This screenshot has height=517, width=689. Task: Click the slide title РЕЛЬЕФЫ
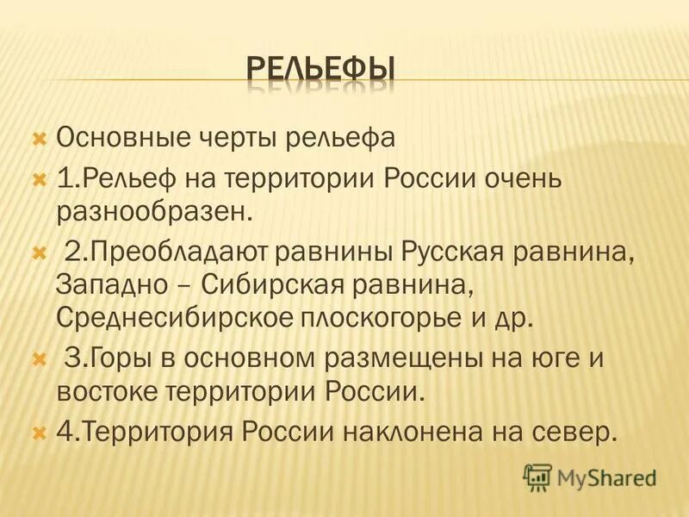(321, 68)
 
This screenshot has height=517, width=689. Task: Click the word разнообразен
(155, 210)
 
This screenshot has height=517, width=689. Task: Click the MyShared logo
(590, 477)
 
